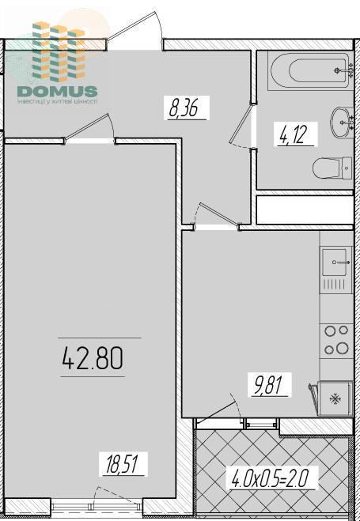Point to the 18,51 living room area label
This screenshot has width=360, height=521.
[123, 464]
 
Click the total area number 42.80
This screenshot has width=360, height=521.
[93, 358]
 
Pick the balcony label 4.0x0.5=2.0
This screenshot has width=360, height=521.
[270, 478]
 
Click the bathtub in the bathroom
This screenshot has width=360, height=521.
[308, 70]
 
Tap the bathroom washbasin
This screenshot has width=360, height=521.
[341, 122]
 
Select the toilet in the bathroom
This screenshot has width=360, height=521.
[332, 168]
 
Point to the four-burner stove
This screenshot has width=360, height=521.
[336, 340]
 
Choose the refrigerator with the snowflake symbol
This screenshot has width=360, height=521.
[335, 398]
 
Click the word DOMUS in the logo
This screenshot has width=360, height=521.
[58, 91]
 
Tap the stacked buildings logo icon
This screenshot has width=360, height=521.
[59, 51]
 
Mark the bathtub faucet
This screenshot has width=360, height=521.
[346, 70]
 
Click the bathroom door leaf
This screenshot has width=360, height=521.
[242, 123]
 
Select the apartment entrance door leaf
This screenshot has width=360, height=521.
[131, 25]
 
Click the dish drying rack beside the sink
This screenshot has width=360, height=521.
[336, 285]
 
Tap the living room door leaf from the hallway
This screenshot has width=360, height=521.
[87, 126]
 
